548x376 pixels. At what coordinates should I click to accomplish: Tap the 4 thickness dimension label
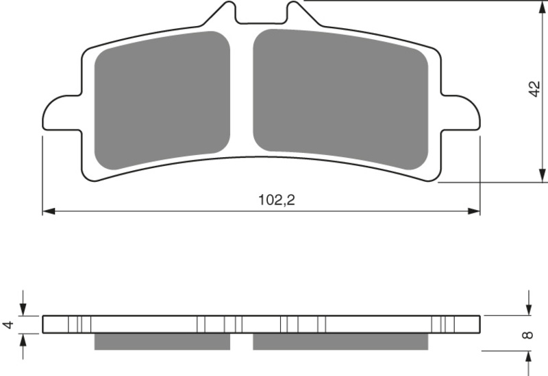(x=9, y=324)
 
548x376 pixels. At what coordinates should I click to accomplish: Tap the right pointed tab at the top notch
(x=293, y=12)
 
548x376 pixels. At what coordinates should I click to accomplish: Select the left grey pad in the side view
(x=162, y=341)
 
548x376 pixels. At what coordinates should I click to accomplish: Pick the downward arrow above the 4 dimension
(x=23, y=309)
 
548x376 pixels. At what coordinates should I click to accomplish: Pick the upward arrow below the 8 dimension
(x=529, y=355)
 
